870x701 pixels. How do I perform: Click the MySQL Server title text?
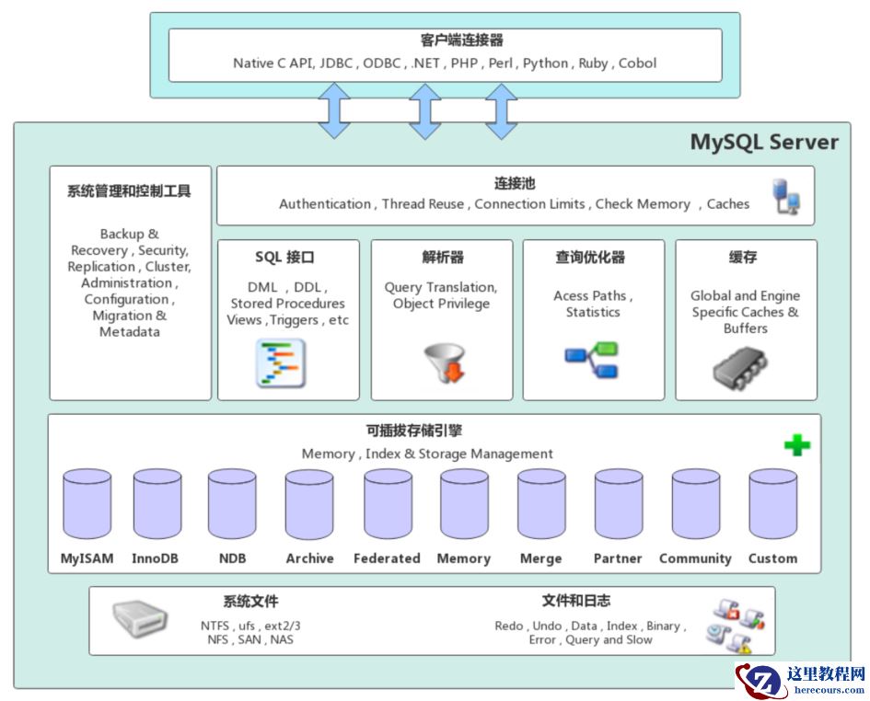click(764, 143)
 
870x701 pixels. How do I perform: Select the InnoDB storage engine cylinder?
click(157, 505)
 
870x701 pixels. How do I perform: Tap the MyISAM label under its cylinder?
click(87, 558)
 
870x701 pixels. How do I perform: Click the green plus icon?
click(797, 445)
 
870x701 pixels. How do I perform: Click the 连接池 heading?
click(515, 184)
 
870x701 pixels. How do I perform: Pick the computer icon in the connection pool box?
click(785, 198)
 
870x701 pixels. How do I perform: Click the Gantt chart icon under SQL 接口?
click(280, 363)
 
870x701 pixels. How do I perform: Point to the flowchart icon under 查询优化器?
click(592, 359)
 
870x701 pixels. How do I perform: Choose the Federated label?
click(387, 558)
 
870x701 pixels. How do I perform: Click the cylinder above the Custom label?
click(772, 505)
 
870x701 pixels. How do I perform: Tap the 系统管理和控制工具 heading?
click(129, 191)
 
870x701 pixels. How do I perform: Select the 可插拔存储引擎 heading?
click(426, 431)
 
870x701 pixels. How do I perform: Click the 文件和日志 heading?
click(575, 602)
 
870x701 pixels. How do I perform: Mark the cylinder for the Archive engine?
click(309, 505)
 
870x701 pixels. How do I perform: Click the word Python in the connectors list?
click(545, 63)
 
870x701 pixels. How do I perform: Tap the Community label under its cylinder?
click(695, 558)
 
